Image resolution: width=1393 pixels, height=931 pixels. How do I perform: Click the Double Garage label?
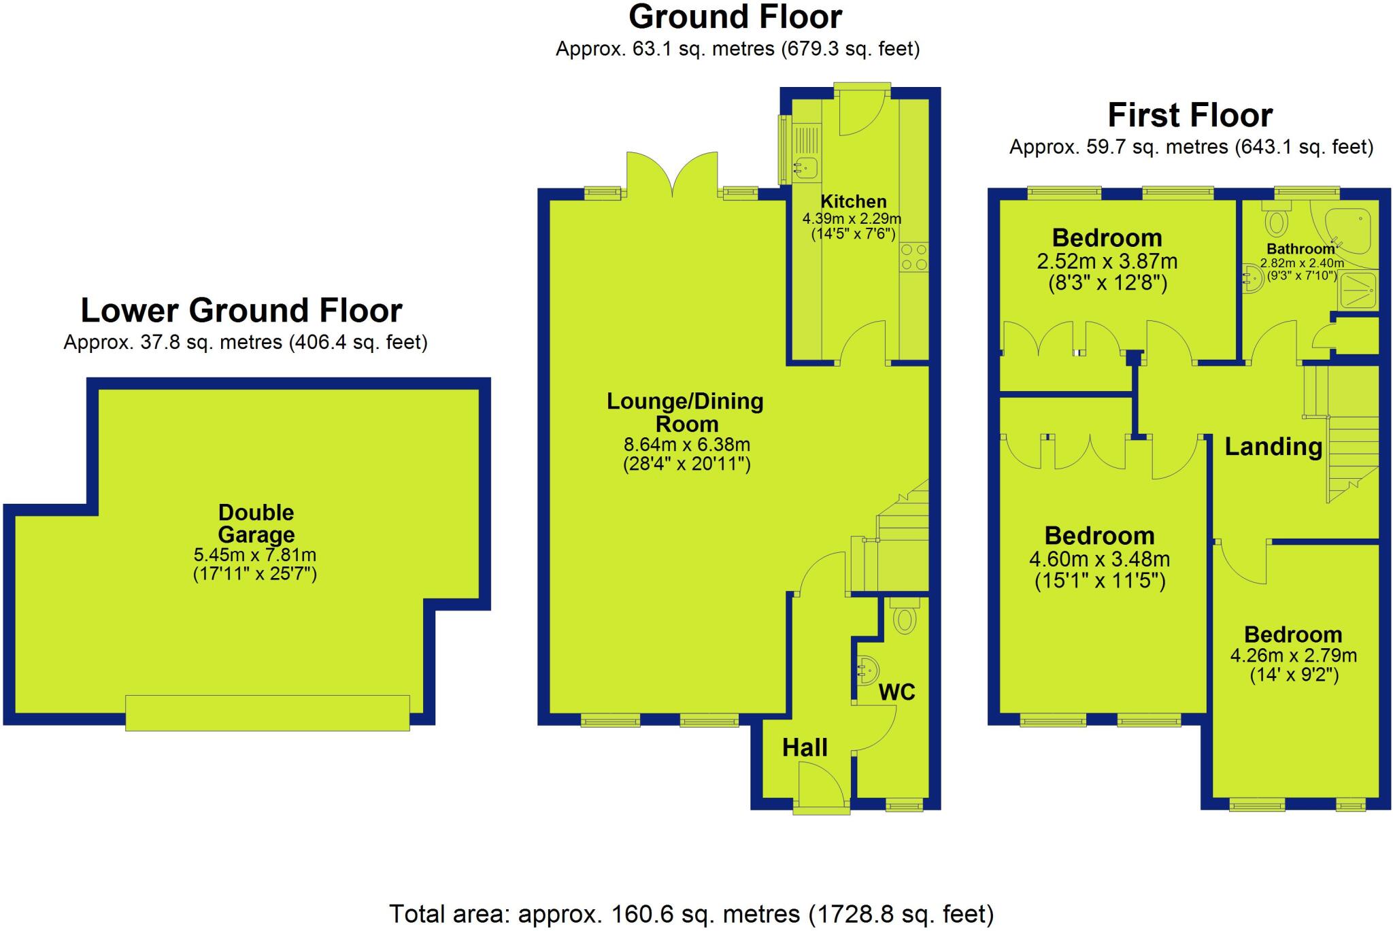tap(256, 523)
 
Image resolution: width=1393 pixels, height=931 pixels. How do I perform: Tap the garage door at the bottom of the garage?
tap(267, 713)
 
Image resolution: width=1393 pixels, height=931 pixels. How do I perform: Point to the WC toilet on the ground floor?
tap(904, 619)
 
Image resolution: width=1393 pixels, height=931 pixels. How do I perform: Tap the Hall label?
tap(805, 748)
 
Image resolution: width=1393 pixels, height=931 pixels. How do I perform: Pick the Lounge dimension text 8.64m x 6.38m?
tap(687, 445)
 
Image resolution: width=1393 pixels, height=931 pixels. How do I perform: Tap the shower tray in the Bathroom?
tap(1358, 290)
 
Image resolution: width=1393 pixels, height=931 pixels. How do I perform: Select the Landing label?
tap(1273, 447)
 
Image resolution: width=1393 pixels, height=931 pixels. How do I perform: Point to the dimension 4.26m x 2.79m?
tap(1293, 656)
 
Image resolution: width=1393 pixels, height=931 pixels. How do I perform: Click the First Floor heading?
tap(1190, 115)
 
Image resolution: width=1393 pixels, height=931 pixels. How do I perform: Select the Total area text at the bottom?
tap(690, 913)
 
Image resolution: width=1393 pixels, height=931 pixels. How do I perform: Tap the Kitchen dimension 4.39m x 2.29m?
tap(852, 219)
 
